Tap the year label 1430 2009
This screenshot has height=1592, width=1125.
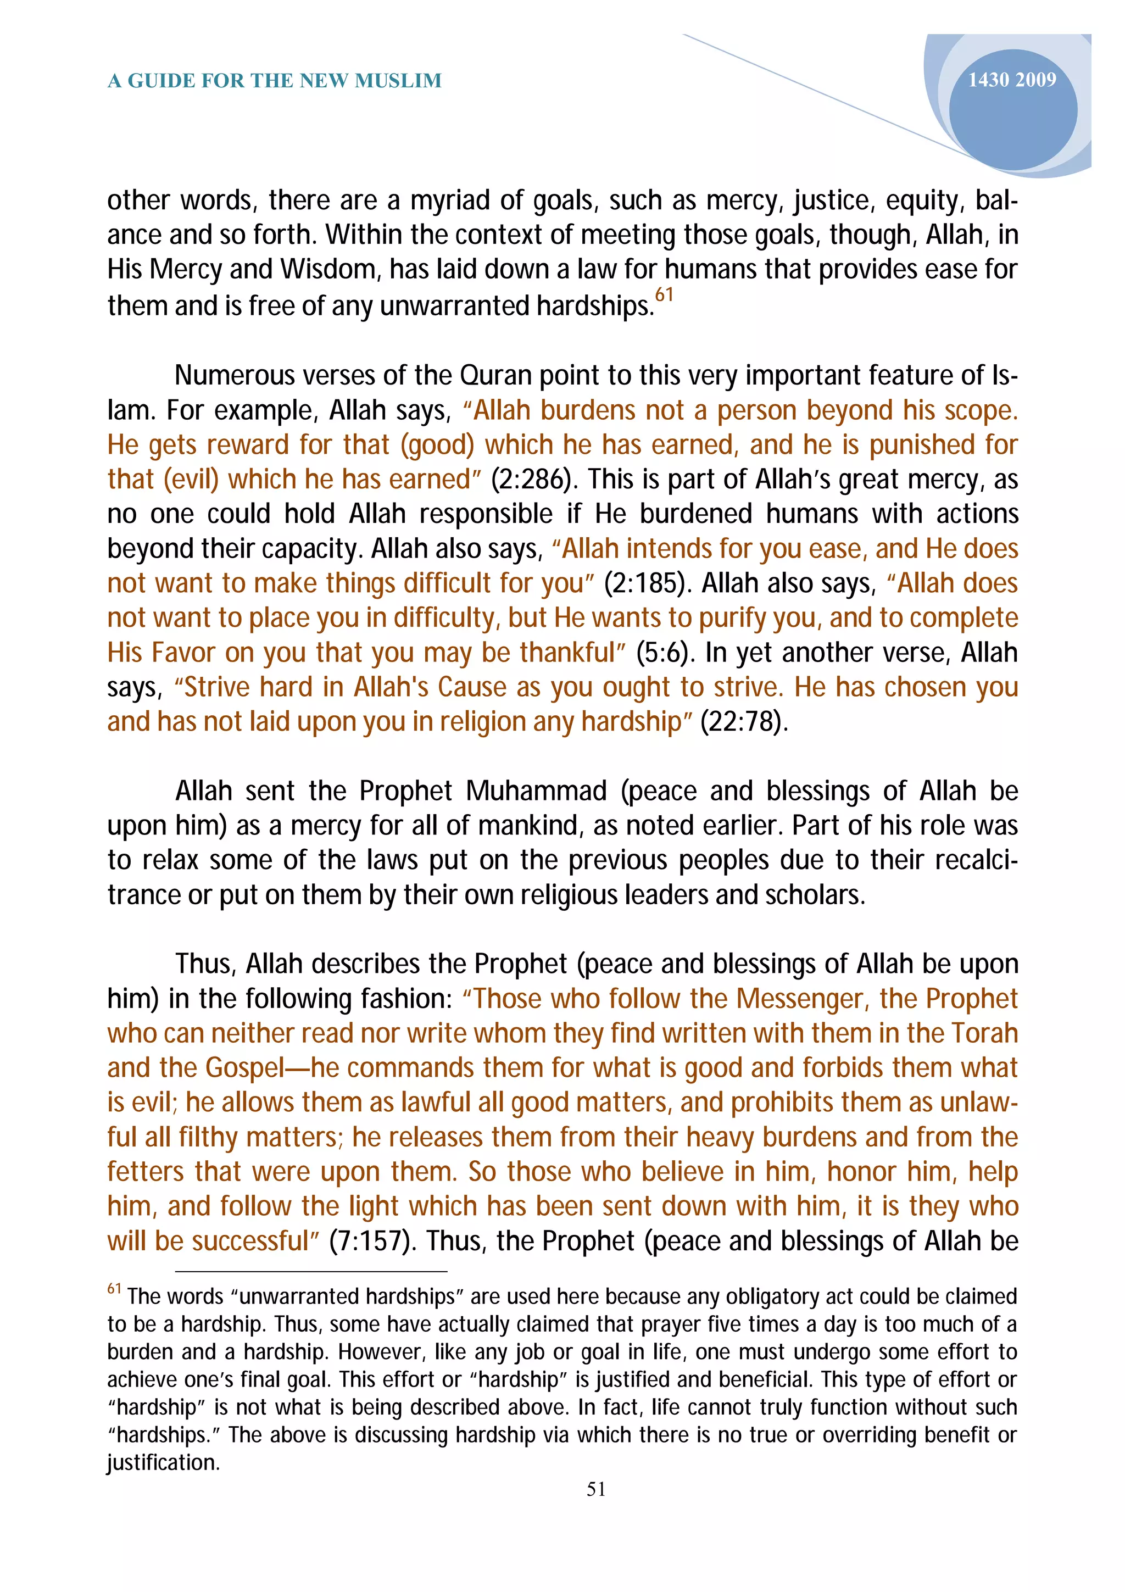coord(1011,80)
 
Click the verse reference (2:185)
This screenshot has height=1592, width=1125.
coord(648,584)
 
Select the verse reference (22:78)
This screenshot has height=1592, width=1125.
coord(744,722)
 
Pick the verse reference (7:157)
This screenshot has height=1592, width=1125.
coord(372,1241)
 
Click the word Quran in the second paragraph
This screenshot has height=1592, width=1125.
coord(495,376)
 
